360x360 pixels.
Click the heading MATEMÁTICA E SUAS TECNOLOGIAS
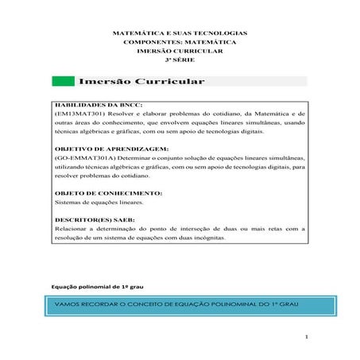pyautogui.click(x=180, y=33)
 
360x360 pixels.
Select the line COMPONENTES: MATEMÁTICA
pyautogui.click(x=180, y=41)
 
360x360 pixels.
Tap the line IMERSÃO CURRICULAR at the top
pyautogui.click(x=180, y=50)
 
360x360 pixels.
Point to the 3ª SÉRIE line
pyautogui.click(x=180, y=60)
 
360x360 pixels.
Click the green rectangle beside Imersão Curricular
pyautogui.click(x=62, y=82)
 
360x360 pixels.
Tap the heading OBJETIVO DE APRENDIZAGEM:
pyautogui.click(x=100, y=149)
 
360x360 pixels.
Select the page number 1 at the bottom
pyautogui.click(x=306, y=338)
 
